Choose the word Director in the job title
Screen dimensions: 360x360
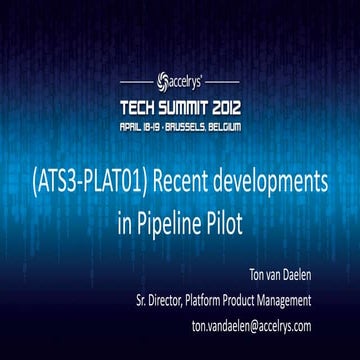tap(176, 299)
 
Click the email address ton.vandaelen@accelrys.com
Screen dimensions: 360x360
tap(251, 326)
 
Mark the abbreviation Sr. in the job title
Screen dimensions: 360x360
tap(143, 299)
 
